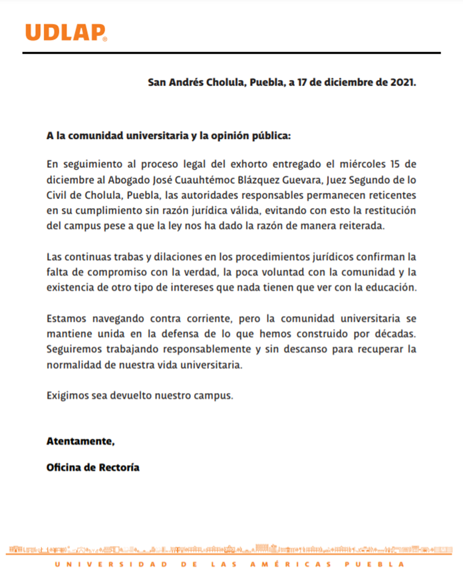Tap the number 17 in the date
[303, 83]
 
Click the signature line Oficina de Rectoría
[92, 467]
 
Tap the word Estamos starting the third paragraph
[68, 318]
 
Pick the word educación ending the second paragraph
[392, 287]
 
